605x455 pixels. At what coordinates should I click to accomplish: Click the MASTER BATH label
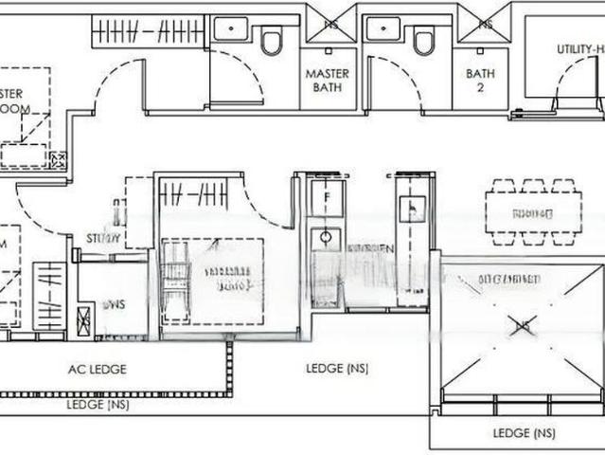point(327,80)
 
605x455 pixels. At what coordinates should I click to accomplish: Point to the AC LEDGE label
point(97,369)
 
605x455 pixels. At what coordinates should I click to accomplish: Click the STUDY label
point(103,238)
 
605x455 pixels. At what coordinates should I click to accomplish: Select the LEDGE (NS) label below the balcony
point(524,433)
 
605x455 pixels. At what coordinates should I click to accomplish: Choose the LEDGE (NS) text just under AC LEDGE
point(98,405)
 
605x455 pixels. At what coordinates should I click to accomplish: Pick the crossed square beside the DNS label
point(84,320)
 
